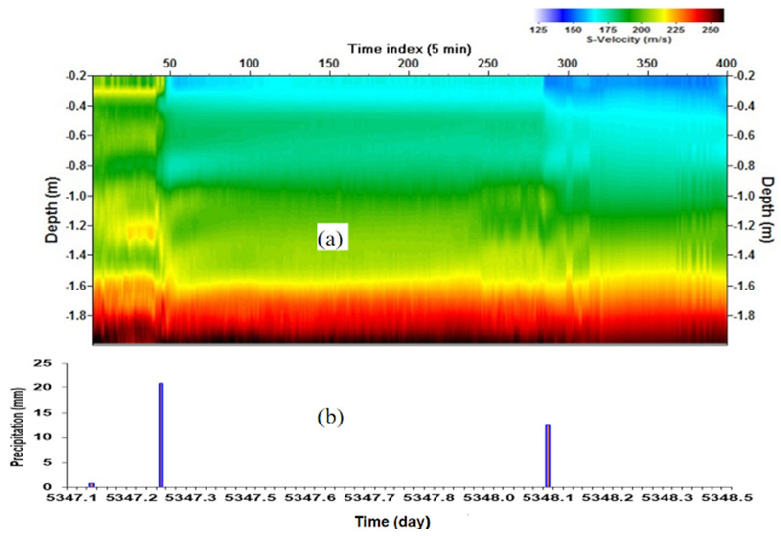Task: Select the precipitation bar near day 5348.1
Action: [548, 455]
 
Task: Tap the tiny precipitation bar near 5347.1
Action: [91, 484]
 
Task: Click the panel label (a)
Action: [329, 238]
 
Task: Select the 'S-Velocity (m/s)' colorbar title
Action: [627, 42]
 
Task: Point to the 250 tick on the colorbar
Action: [712, 30]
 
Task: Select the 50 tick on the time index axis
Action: [169, 63]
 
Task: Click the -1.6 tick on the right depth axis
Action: [745, 287]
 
